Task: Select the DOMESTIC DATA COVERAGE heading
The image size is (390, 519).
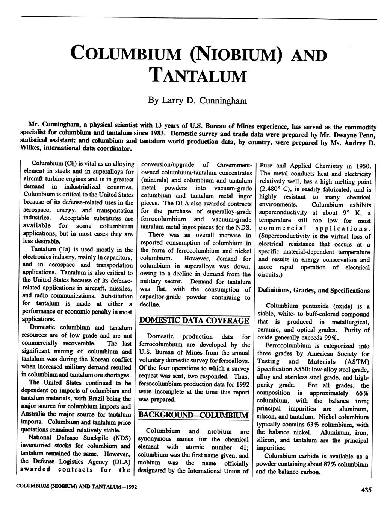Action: [x=194, y=321]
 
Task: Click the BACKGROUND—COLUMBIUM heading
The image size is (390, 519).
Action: [x=193, y=415]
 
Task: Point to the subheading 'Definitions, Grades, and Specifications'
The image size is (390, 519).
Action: [x=313, y=291]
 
